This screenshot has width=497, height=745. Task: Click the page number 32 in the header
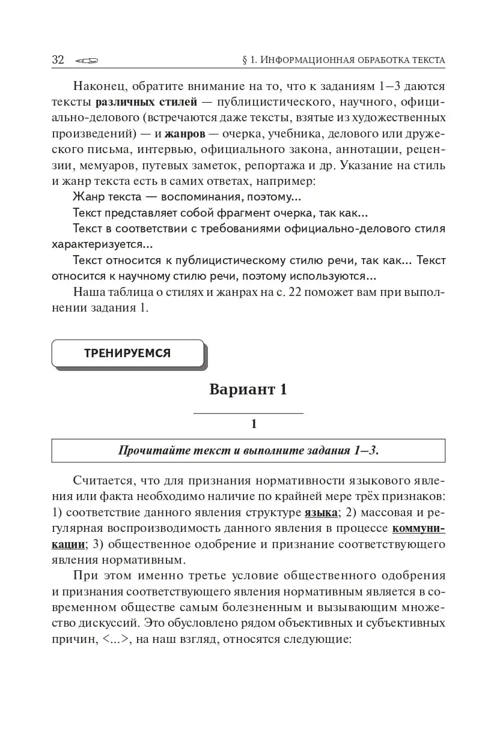58,59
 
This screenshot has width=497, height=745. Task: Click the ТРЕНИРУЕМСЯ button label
127,353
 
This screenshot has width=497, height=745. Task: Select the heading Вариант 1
248,389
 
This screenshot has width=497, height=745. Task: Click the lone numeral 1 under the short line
254,424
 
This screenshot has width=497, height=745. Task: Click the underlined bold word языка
320,513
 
